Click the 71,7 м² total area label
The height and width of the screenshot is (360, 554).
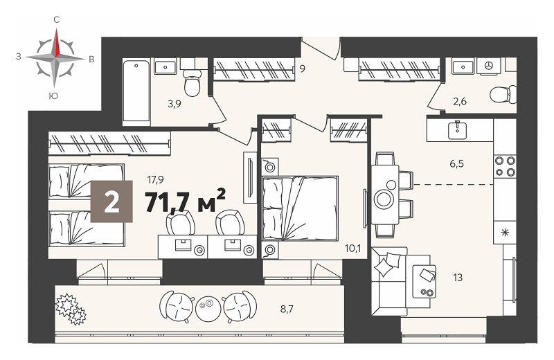[x=186, y=201]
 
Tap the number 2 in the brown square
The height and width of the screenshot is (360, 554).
[x=111, y=201]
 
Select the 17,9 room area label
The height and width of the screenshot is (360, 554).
[x=155, y=180]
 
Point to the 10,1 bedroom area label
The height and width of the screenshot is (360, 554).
[x=353, y=249]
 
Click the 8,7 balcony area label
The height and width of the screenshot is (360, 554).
[x=287, y=309]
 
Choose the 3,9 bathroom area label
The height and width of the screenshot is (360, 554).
[x=175, y=104]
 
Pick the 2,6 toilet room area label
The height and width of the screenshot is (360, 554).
[x=460, y=101]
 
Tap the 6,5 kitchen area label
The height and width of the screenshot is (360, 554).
[x=457, y=164]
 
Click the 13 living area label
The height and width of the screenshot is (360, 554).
[x=458, y=278]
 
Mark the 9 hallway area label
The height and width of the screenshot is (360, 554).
[x=303, y=69]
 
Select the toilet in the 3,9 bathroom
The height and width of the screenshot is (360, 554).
[x=193, y=82]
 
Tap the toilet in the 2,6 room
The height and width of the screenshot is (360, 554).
[x=503, y=94]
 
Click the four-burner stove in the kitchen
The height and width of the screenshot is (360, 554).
[x=505, y=166]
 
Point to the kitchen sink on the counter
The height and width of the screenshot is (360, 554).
[x=458, y=130]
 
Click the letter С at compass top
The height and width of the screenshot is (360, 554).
[x=57, y=20]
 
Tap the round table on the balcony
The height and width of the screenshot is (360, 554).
[x=208, y=304]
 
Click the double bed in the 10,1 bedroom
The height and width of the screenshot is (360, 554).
[x=300, y=208]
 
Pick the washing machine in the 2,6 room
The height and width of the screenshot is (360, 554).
[x=489, y=66]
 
